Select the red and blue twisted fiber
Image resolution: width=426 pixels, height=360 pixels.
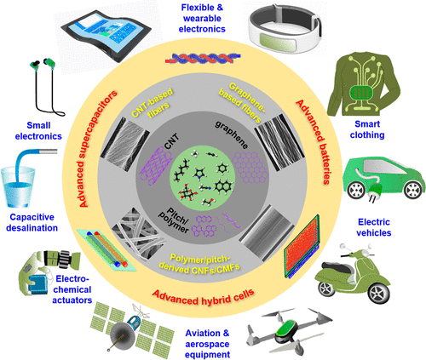pos(203,58)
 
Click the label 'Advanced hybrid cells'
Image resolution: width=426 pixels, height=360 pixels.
pos(204,297)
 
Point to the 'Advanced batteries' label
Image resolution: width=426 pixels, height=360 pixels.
pos(314,142)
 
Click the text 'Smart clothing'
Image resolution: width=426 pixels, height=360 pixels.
pos(367,129)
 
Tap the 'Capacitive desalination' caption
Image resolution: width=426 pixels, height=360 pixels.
pos(32,222)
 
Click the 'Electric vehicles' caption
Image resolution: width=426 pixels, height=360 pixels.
pos(374,227)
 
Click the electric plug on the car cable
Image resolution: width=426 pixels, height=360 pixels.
pos(373,191)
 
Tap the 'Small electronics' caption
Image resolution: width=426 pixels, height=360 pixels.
pos(38,131)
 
